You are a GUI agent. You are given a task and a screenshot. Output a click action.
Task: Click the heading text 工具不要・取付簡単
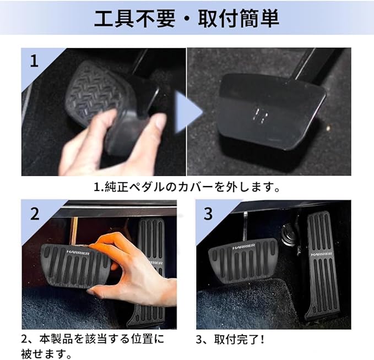pyautogui.click(x=187, y=18)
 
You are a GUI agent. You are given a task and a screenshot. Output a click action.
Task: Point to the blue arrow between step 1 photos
pyautogui.click(x=188, y=112)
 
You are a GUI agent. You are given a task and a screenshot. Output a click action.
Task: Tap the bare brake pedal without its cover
pyautogui.click(x=270, y=112)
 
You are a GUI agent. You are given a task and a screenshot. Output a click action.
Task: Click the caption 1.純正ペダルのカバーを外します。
pyautogui.click(x=187, y=187)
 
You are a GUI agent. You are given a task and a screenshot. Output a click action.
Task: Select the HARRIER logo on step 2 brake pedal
pyautogui.click(x=78, y=253)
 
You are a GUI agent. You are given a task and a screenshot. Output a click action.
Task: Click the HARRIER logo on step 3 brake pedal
pyautogui.click(x=243, y=247)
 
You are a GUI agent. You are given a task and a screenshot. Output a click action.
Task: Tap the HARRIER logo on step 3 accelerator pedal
pyautogui.click(x=321, y=254)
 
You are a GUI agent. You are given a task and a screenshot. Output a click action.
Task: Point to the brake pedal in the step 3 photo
pyautogui.click(x=243, y=260)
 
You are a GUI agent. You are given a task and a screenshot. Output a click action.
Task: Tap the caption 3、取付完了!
pyautogui.click(x=230, y=340)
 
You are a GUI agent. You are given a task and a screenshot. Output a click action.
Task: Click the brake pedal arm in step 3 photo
pyautogui.click(x=246, y=225)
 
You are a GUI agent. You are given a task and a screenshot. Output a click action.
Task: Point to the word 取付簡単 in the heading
pyautogui.click(x=239, y=18)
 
